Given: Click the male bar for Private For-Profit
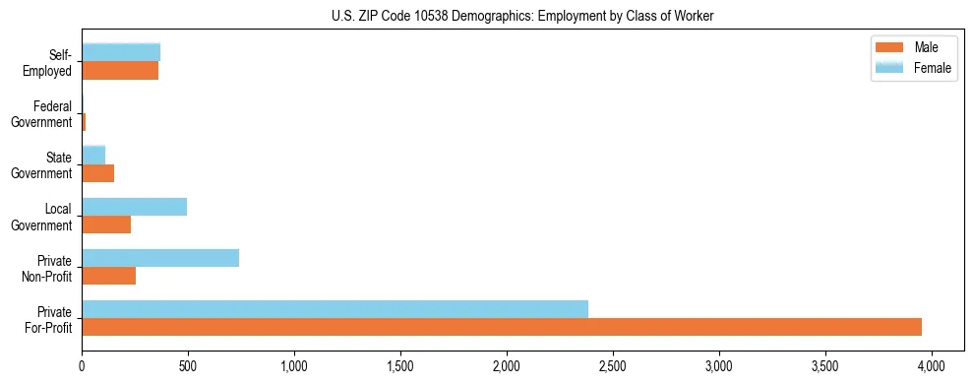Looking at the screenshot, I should (x=502, y=327).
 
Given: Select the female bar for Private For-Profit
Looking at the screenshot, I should (x=334, y=309).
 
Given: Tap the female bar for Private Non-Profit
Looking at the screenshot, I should (x=160, y=258).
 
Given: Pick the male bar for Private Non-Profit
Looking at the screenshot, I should (x=108, y=276).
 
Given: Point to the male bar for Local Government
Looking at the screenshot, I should (x=106, y=224).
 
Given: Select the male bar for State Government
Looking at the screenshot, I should (x=97, y=173).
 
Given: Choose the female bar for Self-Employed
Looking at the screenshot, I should (x=121, y=53).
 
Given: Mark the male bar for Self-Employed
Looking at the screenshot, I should (x=120, y=71).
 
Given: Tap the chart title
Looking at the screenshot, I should (x=524, y=16).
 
